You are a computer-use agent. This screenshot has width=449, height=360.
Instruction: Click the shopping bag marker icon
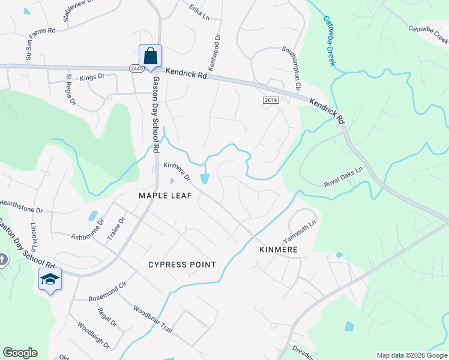coord(150,56)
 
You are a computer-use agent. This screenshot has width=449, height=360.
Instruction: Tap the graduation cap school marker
coord(50,280)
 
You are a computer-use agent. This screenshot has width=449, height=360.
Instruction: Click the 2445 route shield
coord(134,69)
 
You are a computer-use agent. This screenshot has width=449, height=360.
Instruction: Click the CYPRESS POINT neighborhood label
coord(181,265)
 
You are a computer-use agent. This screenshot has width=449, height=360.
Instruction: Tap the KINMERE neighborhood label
coord(278,249)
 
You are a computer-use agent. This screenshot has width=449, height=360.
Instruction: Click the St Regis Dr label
coord(71,89)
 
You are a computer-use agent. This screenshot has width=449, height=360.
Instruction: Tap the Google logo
coord(20,353)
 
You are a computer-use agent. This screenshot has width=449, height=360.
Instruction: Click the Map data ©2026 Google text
coord(411,355)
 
